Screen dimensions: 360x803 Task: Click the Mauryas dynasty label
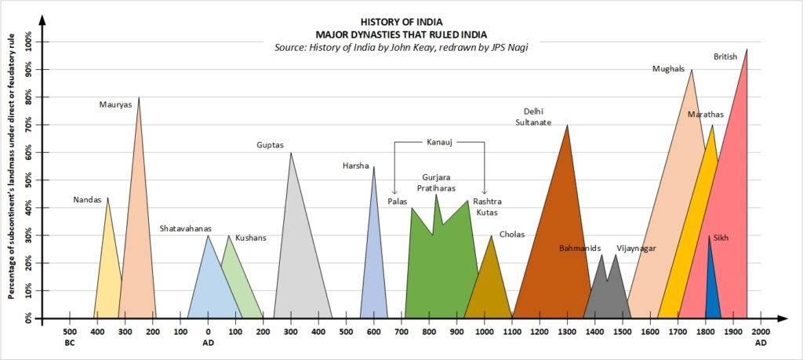pos(116,104)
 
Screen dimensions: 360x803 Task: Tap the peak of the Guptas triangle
pos(291,153)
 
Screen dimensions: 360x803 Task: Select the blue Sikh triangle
pos(712,294)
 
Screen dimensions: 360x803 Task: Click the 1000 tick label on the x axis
pos(484,332)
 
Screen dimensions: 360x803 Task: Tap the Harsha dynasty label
pos(355,165)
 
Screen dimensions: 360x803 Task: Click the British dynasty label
pos(726,56)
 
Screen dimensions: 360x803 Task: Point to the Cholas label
pos(512,235)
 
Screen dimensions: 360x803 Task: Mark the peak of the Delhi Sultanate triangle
pos(567,125)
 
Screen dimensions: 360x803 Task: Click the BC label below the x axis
pos(69,343)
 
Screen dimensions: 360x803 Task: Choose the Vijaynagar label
pos(636,249)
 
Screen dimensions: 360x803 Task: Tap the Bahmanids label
pos(580,249)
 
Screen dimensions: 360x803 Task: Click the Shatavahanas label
pos(186,228)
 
